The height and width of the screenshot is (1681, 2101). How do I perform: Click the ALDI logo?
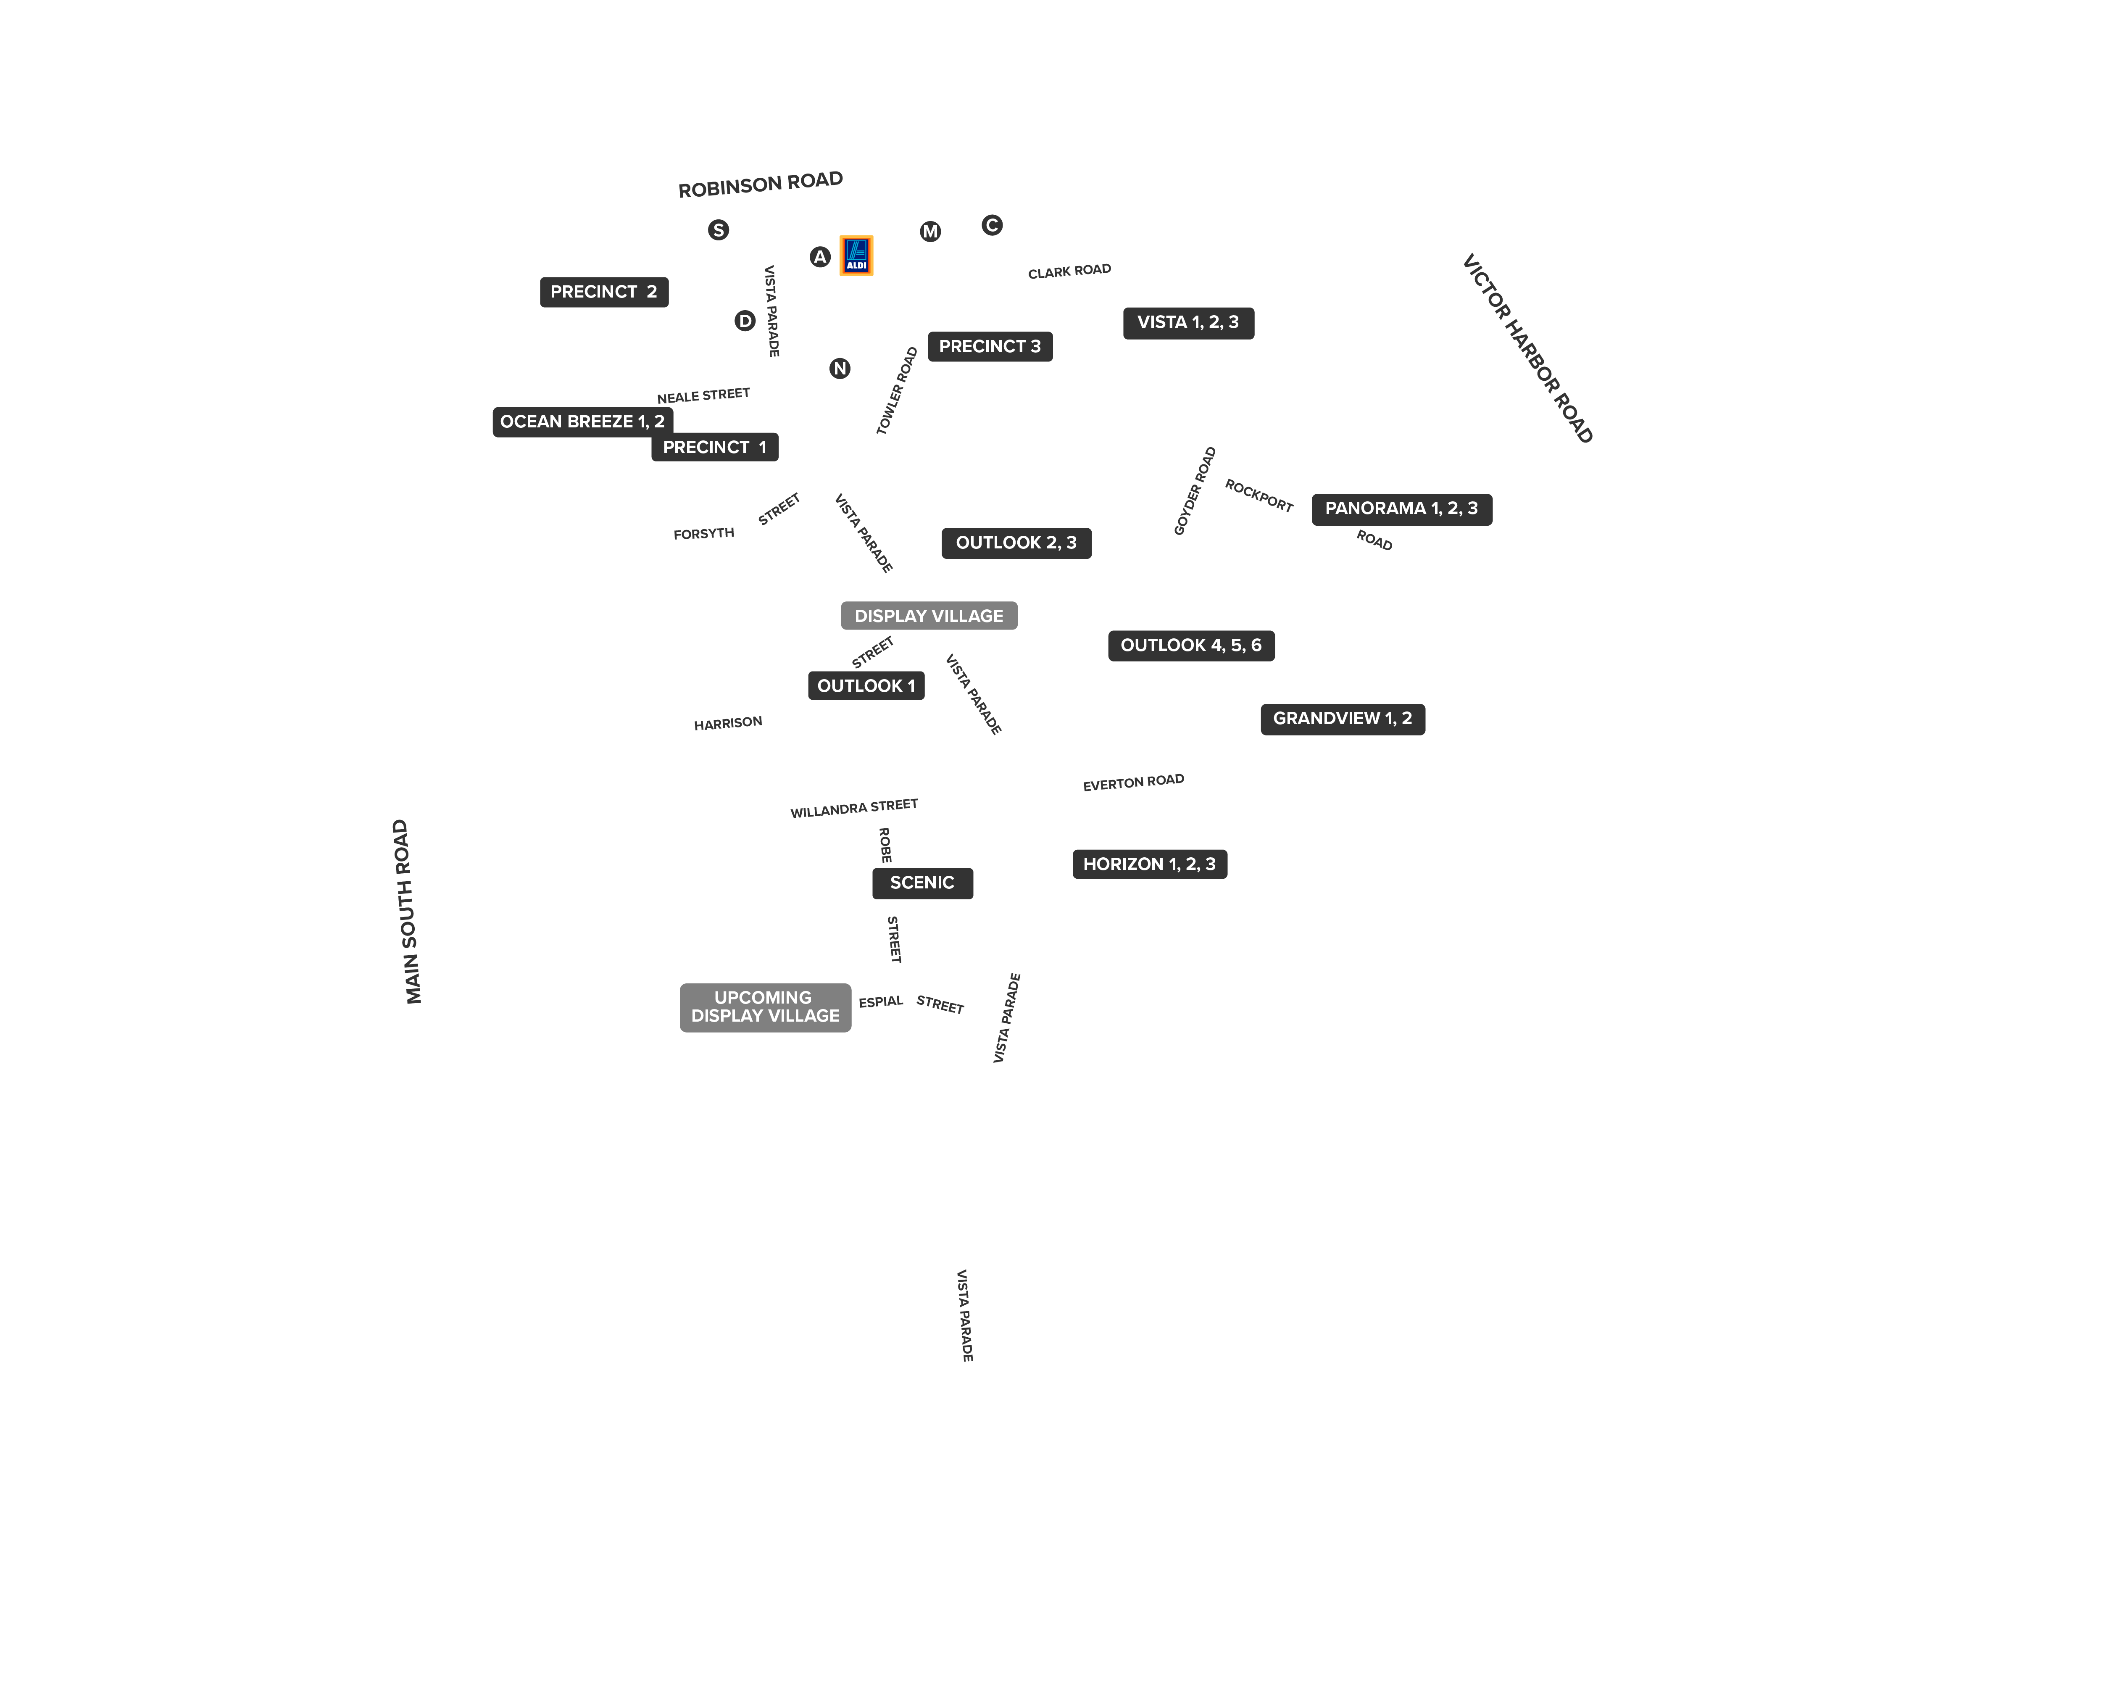coord(856,256)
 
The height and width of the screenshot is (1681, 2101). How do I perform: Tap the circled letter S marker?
coord(718,230)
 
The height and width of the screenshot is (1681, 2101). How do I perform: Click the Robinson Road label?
coord(760,184)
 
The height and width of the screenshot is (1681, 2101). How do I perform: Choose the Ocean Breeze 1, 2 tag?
coord(583,422)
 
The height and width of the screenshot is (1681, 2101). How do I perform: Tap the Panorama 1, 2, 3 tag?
coord(1401,509)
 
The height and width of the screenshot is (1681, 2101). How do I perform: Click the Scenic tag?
coord(922,883)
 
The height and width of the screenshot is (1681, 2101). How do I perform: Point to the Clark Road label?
coord(1069,271)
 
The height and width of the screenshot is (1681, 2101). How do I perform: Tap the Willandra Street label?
coord(854,808)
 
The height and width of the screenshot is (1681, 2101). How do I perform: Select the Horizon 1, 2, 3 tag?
coord(1150,864)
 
